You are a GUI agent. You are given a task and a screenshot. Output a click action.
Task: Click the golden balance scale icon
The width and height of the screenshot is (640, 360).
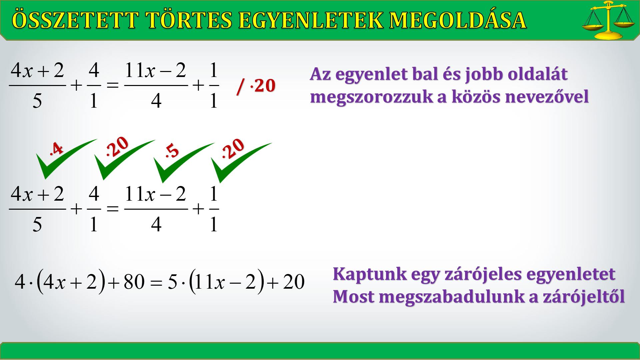point(609,20)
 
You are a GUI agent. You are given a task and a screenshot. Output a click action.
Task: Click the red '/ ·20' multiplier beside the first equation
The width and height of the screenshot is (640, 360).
point(256,86)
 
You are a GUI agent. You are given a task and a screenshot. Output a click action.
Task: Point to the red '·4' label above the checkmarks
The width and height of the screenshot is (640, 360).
point(56,149)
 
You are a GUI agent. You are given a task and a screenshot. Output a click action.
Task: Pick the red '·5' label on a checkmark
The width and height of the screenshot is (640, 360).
point(172,151)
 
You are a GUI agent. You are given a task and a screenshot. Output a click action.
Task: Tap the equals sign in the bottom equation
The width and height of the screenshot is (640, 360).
point(156,282)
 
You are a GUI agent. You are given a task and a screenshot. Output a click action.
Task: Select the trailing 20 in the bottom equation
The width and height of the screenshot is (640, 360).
point(294,282)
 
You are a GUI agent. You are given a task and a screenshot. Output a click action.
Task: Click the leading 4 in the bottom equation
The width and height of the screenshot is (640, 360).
point(20,282)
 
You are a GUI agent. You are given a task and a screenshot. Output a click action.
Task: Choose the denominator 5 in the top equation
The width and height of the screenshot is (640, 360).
point(37,101)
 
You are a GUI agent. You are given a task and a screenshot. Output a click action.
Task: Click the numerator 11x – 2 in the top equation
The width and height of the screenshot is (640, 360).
point(155,71)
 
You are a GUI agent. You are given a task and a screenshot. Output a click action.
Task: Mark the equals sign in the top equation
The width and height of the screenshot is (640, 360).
point(113,86)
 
